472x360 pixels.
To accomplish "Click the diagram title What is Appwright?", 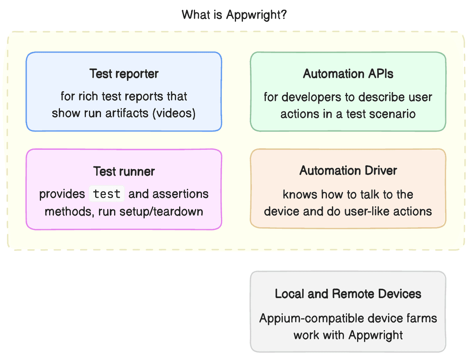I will click(234, 15).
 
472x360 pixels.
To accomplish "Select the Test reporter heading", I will click(124, 74).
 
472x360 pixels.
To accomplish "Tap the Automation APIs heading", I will click(348, 74).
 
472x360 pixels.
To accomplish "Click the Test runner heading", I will click(124, 171).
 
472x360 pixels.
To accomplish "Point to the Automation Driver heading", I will click(348, 170).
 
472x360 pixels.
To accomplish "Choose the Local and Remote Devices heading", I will click(348, 294).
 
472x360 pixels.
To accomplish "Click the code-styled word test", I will click(107, 194).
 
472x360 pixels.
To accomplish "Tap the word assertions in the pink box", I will click(178, 194).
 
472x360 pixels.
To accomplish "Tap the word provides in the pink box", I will click(62, 194).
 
